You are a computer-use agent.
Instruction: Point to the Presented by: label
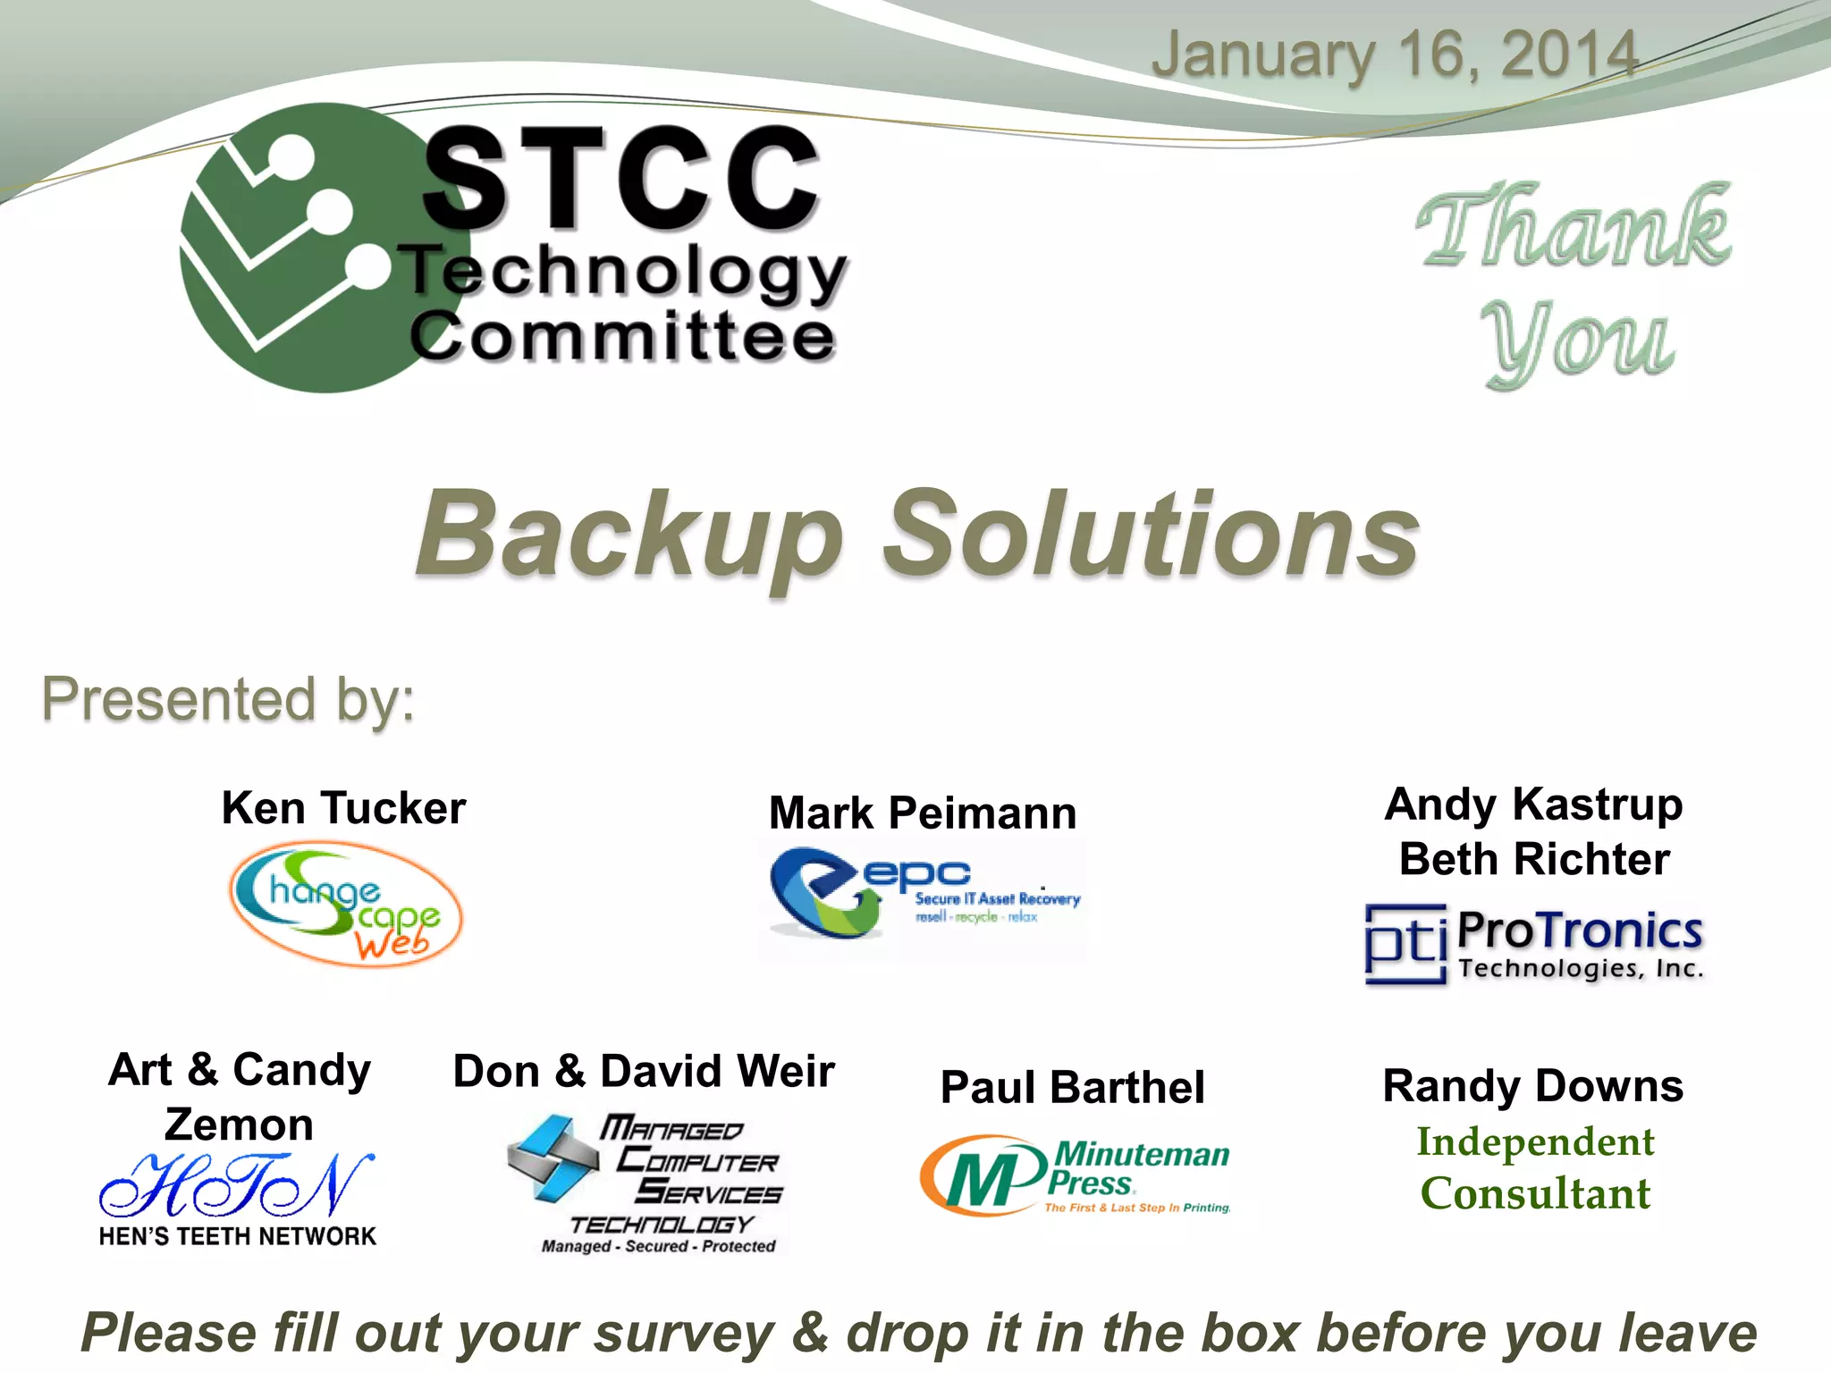[229, 699]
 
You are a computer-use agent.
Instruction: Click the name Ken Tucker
[344, 808]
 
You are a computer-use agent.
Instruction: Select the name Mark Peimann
[923, 813]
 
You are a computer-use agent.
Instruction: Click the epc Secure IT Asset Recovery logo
[924, 894]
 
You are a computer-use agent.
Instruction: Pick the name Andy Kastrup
[1534, 804]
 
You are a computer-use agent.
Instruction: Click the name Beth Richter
[1534, 859]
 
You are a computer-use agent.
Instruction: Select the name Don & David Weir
[644, 1071]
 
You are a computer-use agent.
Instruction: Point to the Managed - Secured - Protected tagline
[658, 1246]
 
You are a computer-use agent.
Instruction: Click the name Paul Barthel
[1073, 1088]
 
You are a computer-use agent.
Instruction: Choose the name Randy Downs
[1533, 1086]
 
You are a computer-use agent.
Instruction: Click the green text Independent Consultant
[1535, 1167]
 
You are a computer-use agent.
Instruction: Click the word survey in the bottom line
[684, 1333]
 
